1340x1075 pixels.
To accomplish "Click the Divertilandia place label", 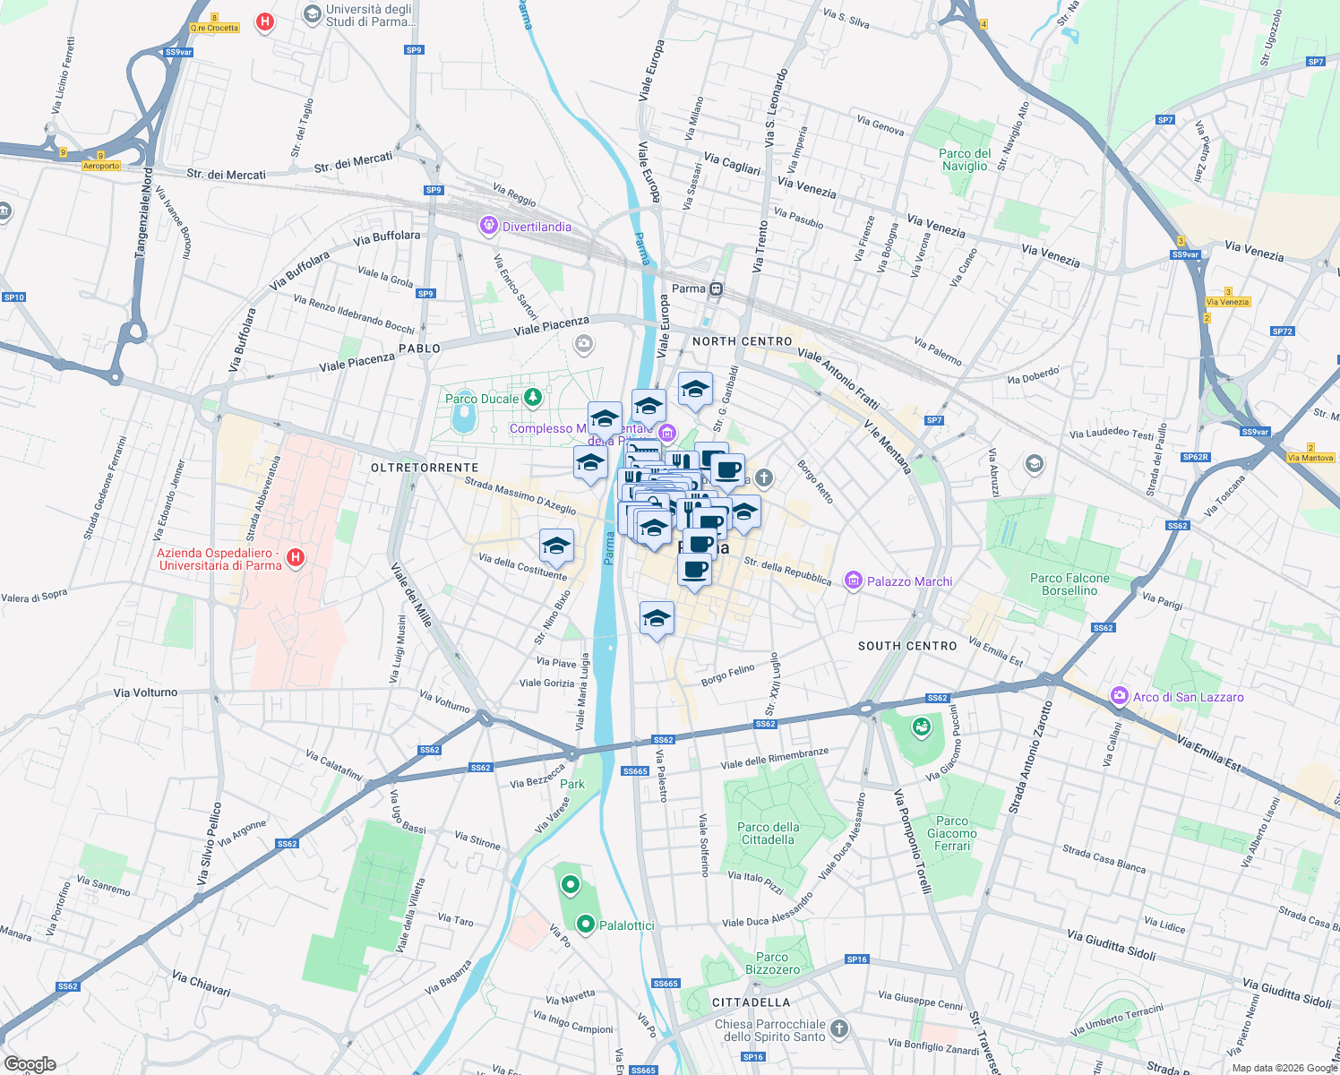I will [537, 227].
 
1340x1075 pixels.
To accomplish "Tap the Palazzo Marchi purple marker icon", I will [853, 581].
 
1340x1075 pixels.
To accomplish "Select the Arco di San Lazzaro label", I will [1188, 697].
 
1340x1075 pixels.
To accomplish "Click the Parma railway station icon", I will [716, 288].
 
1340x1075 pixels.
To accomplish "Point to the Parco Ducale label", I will [482, 399].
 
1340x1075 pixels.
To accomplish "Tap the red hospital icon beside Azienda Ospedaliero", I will [295, 558].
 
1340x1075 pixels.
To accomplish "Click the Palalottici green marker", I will [586, 924].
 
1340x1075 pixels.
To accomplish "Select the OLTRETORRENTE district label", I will [425, 468].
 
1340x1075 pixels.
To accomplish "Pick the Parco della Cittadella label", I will [768, 833].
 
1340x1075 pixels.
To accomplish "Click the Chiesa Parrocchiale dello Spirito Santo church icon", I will [838, 1028].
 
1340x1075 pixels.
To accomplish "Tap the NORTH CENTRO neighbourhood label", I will [742, 341].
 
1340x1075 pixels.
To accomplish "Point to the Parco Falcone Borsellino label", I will [1069, 584].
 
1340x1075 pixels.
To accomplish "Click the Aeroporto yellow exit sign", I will [101, 166].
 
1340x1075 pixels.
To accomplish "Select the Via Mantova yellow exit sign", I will [1310, 458].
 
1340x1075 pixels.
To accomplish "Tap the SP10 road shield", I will [13, 297].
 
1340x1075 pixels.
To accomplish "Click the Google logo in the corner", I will [30, 1064].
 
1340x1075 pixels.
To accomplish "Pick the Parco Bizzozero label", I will [772, 963].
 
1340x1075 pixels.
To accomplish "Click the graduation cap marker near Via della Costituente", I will [556, 546].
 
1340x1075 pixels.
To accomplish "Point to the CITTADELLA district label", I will [751, 1002].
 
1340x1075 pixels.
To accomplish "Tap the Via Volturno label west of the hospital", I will [145, 692].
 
